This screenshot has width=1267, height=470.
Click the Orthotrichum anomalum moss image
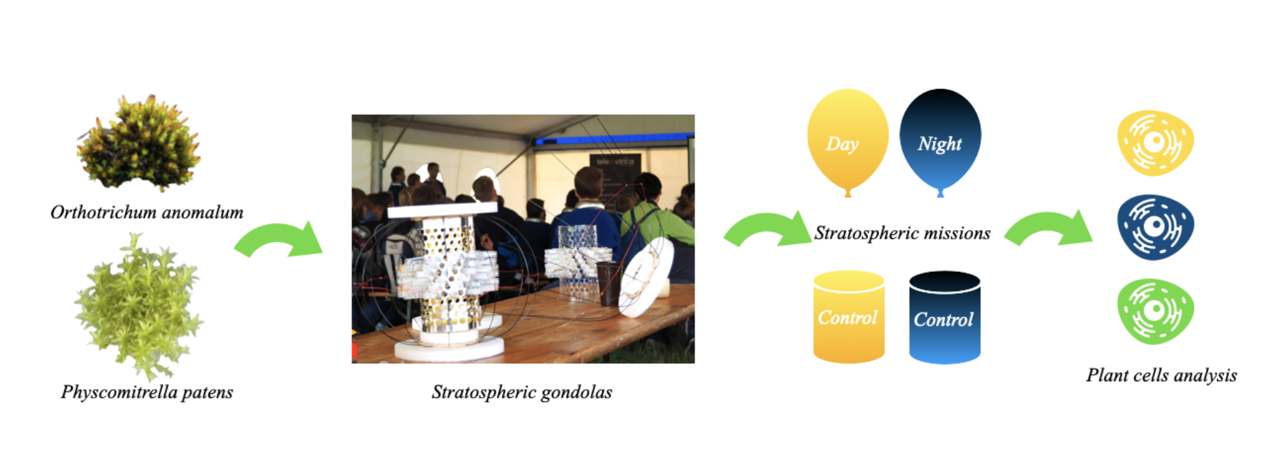[139, 145]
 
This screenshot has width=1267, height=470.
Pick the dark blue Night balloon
[940, 141]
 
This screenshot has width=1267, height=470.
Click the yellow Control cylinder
[849, 317]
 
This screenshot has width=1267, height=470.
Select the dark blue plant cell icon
[1155, 227]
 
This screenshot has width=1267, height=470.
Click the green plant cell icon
[1155, 312]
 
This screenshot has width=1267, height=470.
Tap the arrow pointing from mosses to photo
[279, 240]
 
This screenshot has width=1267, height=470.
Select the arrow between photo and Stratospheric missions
[767, 230]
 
